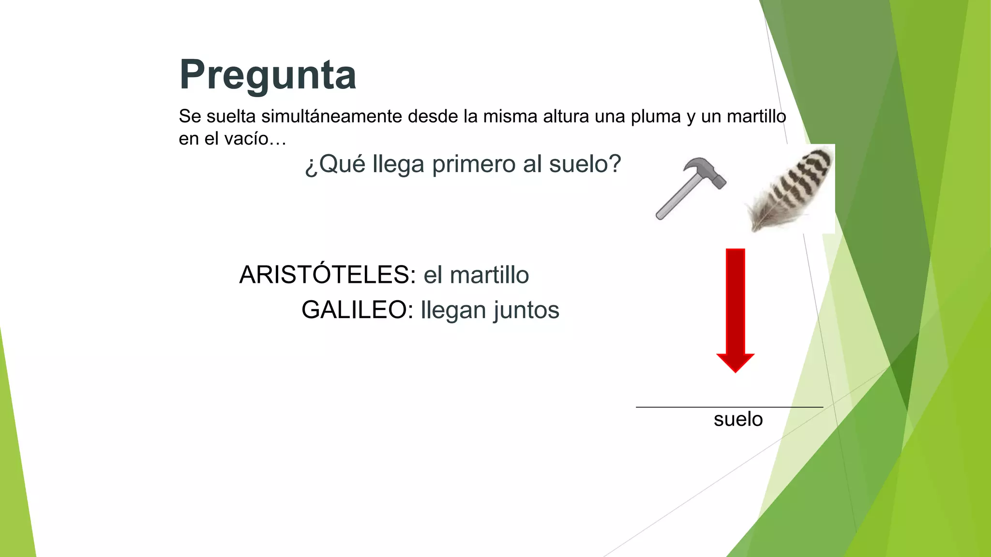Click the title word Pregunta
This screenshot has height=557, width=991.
(268, 75)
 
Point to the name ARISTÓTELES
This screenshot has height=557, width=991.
(327, 275)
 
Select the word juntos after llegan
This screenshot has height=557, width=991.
(526, 310)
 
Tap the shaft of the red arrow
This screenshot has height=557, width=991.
(735, 300)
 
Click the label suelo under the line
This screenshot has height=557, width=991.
(738, 419)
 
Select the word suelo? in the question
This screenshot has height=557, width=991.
(585, 164)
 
